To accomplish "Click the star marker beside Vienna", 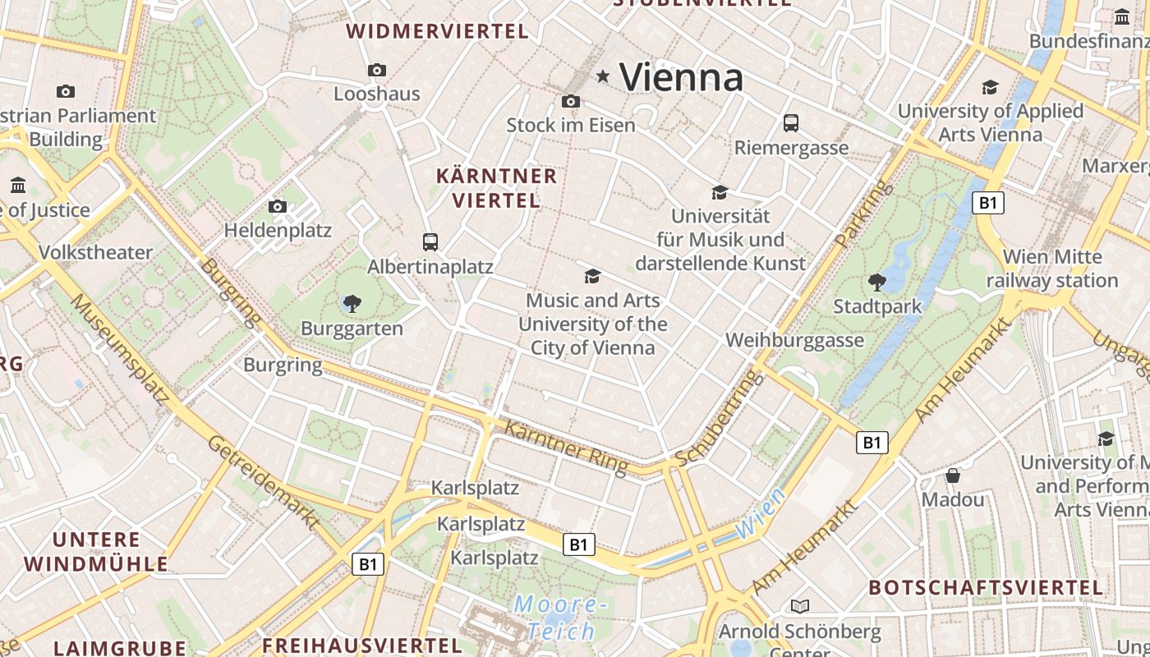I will coord(603,76).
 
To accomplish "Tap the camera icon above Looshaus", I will coord(377,71).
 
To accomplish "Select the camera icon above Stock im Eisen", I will coord(571,102).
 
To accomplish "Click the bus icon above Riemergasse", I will coord(791,123).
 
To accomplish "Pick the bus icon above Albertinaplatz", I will coord(430,242).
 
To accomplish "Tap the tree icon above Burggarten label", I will coord(352,304).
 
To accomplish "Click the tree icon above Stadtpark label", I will coord(877,283).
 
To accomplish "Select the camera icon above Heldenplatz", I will coord(278,206).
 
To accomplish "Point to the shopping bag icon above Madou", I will coord(953,476).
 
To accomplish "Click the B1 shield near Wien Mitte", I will coord(987,203).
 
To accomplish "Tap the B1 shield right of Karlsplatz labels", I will coord(579,544).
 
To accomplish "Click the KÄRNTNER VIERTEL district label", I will coord(496,188).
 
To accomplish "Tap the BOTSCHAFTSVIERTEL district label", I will coord(986,588).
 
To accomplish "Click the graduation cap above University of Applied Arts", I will coord(990,87).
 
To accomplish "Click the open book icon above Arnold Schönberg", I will coord(799,606).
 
